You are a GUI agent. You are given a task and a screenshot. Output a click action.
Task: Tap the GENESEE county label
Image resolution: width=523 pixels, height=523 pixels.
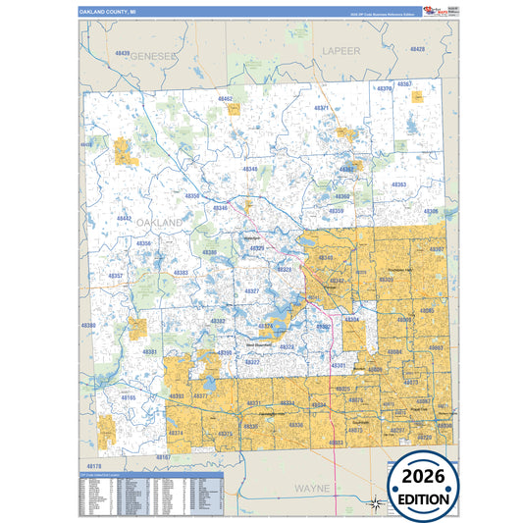156,56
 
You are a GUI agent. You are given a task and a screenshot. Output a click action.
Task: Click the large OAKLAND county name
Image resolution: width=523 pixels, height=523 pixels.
154,224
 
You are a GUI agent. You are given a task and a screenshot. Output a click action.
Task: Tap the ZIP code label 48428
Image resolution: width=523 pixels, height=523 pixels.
418,48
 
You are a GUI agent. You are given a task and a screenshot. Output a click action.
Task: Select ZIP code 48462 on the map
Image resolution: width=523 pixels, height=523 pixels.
226,99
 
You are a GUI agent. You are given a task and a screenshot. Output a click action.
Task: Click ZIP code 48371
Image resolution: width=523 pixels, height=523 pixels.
322,107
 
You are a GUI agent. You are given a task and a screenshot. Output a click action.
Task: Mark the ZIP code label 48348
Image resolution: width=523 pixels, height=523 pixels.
251,169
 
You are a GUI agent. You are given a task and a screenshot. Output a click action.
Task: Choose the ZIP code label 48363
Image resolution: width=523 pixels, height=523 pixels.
398,184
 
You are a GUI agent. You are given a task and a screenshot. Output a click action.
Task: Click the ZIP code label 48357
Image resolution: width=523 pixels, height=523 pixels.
116,276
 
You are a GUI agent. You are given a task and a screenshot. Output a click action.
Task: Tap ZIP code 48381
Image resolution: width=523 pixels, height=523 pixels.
149,351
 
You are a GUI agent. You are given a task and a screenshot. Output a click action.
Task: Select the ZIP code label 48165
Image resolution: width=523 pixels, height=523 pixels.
129,397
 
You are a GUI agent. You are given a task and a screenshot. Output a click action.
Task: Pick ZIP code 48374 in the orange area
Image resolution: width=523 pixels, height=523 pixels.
177,433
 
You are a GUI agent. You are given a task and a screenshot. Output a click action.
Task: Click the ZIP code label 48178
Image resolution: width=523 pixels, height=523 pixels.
93,464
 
